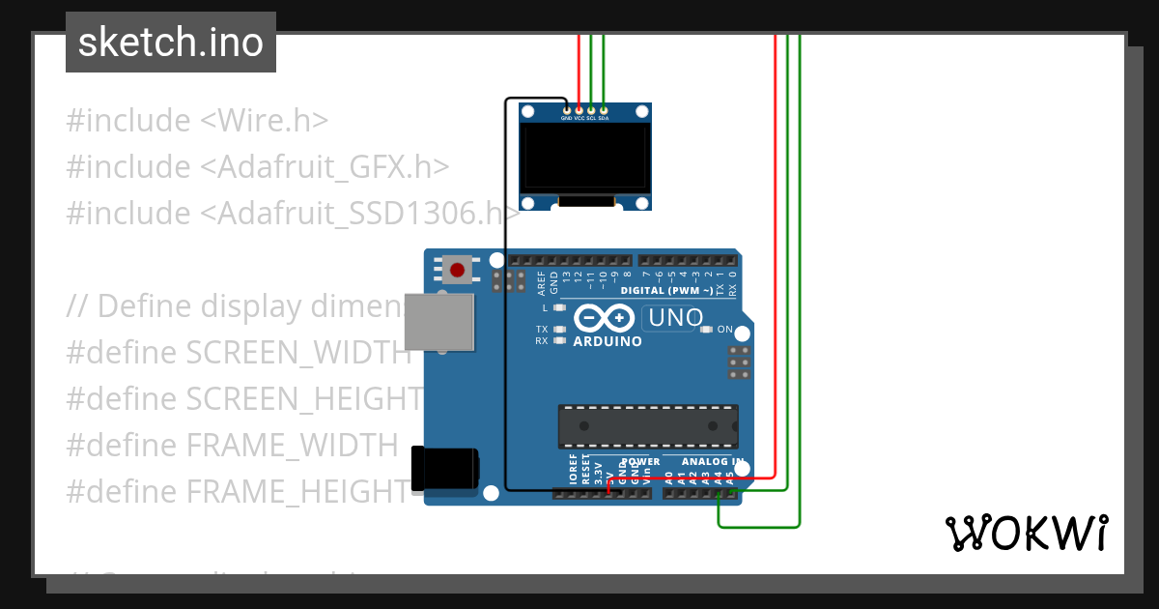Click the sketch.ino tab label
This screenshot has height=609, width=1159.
tap(171, 43)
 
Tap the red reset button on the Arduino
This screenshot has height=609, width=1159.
tap(458, 269)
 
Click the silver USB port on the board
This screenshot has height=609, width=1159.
tap(439, 322)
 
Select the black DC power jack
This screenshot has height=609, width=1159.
tap(445, 469)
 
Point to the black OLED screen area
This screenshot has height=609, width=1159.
tap(583, 156)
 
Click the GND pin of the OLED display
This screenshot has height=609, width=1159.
tap(566, 110)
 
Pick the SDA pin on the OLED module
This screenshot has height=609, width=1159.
tap(604, 110)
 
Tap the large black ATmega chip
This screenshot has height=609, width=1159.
tap(647, 426)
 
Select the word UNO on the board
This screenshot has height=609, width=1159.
tap(675, 317)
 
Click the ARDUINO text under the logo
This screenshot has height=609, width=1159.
tap(608, 341)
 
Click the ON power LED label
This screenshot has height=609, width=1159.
tap(725, 330)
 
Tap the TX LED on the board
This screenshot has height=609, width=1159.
tap(558, 329)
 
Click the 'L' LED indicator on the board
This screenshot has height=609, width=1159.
tap(558, 307)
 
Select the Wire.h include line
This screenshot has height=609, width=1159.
tap(197, 121)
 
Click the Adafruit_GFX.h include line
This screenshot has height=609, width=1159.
tap(257, 167)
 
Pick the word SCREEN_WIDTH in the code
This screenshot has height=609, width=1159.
tap(298, 353)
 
